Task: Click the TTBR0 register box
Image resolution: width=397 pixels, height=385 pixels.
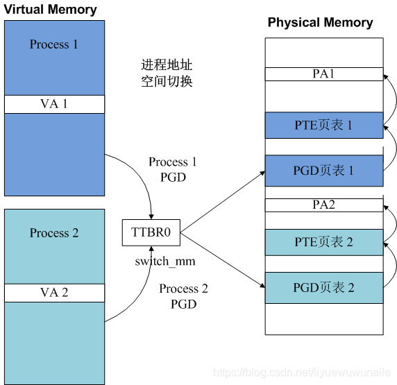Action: pyautogui.click(x=151, y=233)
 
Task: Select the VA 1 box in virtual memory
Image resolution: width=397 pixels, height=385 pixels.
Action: pyautogui.click(x=54, y=104)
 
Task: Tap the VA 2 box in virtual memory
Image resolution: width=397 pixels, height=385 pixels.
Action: pyautogui.click(x=54, y=293)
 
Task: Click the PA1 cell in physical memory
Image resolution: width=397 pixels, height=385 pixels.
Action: pyautogui.click(x=323, y=74)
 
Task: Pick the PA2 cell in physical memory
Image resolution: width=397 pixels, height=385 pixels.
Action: pyautogui.click(x=323, y=205)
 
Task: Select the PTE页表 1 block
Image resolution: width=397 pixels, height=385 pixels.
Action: pyautogui.click(x=323, y=126)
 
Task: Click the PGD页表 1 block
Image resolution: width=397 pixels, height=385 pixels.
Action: pyautogui.click(x=323, y=170)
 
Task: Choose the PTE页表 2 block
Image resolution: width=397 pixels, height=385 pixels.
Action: pyautogui.click(x=323, y=242)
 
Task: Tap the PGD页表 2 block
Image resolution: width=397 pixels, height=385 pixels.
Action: pyautogui.click(x=323, y=286)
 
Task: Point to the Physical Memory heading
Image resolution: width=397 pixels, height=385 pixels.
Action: pyautogui.click(x=320, y=22)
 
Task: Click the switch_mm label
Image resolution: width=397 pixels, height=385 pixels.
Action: pyautogui.click(x=165, y=262)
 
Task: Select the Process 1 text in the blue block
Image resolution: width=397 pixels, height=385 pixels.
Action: pyautogui.click(x=54, y=44)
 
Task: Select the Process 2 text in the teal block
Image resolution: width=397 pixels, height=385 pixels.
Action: pyautogui.click(x=54, y=233)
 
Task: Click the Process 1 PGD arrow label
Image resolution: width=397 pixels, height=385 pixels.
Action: pyautogui.click(x=173, y=169)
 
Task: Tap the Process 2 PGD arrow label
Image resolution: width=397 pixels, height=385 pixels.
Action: pyautogui.click(x=183, y=296)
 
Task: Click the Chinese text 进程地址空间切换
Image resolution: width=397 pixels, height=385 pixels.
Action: pyautogui.click(x=167, y=73)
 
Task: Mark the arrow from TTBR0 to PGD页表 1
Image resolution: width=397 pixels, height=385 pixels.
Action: pyautogui.click(x=222, y=199)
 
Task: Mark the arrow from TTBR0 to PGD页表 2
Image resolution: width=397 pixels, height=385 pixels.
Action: pyautogui.click(x=222, y=260)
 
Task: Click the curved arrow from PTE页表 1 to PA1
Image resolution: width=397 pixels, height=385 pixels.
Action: pyautogui.click(x=393, y=101)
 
